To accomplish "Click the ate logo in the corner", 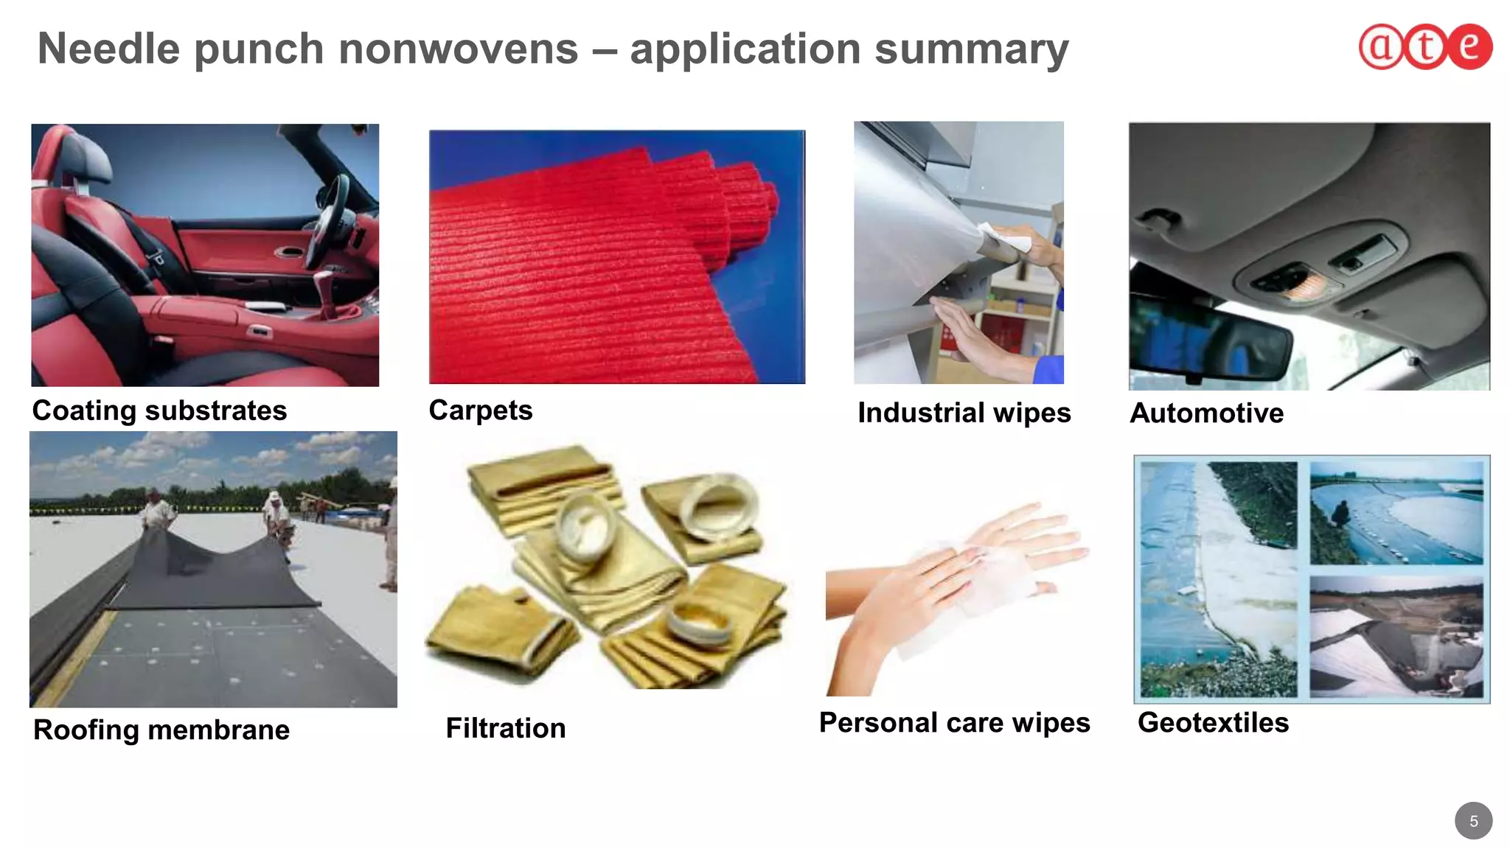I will pos(1425,46).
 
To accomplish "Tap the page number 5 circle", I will pos(1473,820).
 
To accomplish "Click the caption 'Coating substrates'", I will pos(159,410).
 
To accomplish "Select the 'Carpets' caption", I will pos(481,410).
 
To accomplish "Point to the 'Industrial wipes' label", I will pos(964,413).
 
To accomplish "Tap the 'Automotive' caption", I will pos(1206,413).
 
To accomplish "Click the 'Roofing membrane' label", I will pos(161,730).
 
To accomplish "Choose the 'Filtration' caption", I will pos(506,728).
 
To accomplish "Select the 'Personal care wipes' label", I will pos(954,722).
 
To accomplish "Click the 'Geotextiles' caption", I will pos(1213,722).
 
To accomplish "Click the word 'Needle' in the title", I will pos(108,49).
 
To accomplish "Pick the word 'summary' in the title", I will pos(971,49).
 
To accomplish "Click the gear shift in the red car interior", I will pos(323,291).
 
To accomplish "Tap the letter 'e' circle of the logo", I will pos(1469,46).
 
